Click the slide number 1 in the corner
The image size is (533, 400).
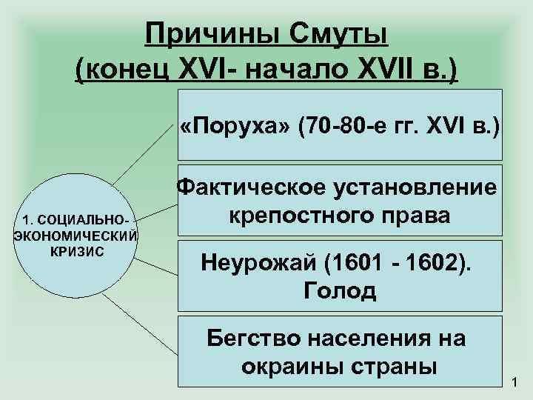(515, 383)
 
